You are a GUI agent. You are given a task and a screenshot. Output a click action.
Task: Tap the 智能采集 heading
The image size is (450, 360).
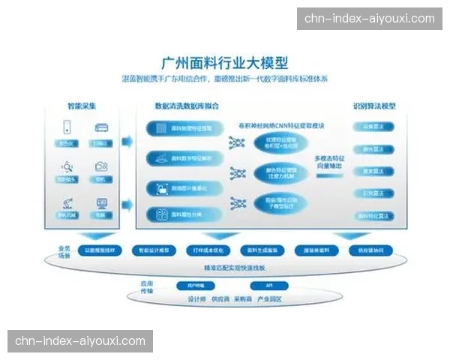tap(81, 106)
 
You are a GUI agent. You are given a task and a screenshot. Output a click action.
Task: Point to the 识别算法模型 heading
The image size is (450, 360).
tap(374, 106)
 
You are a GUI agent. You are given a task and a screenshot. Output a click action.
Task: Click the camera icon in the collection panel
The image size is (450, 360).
tap(99, 166)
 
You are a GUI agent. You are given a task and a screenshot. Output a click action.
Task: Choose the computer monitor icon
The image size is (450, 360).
tap(99, 202)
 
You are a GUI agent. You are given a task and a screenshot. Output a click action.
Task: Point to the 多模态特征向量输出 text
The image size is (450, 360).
tap(331, 163)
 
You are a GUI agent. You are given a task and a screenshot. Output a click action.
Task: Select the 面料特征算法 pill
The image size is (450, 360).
tap(373, 215)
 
